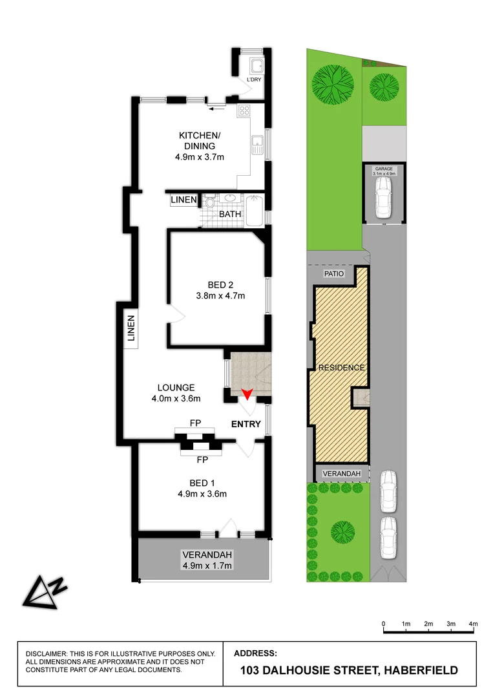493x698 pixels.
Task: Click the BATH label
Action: click(x=230, y=213)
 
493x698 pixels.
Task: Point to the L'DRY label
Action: click(x=254, y=80)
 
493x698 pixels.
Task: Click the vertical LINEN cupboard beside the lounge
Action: click(x=131, y=328)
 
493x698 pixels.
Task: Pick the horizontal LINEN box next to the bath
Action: click(x=184, y=200)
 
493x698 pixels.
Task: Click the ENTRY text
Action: click(x=247, y=425)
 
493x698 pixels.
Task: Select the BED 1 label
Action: click(x=199, y=483)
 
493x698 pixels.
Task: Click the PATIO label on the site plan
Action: click(x=334, y=273)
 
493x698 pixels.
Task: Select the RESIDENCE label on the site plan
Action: click(x=341, y=368)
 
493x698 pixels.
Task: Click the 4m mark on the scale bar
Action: click(x=474, y=624)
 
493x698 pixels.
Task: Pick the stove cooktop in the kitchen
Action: click(x=244, y=110)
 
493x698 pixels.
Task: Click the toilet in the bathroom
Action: click(x=209, y=203)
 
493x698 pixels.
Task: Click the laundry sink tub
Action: click(x=257, y=65)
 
